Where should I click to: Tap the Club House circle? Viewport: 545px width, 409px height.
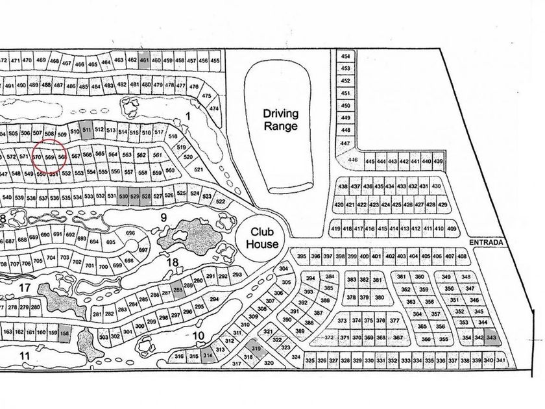tap(262, 238)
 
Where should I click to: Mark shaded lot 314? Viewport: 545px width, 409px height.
tap(208, 356)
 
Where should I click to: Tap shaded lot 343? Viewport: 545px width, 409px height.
tap(491, 338)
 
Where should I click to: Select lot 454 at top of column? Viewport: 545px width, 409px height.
tap(345, 57)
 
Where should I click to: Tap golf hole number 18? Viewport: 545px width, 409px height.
tap(172, 262)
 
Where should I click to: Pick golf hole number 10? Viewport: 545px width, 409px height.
tap(200, 336)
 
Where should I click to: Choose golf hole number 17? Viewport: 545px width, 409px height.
tap(26, 286)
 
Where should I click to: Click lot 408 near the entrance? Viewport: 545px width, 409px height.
tap(461, 256)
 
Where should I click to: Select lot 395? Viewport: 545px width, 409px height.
tap(301, 256)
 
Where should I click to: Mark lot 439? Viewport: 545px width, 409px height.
tap(438, 161)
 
